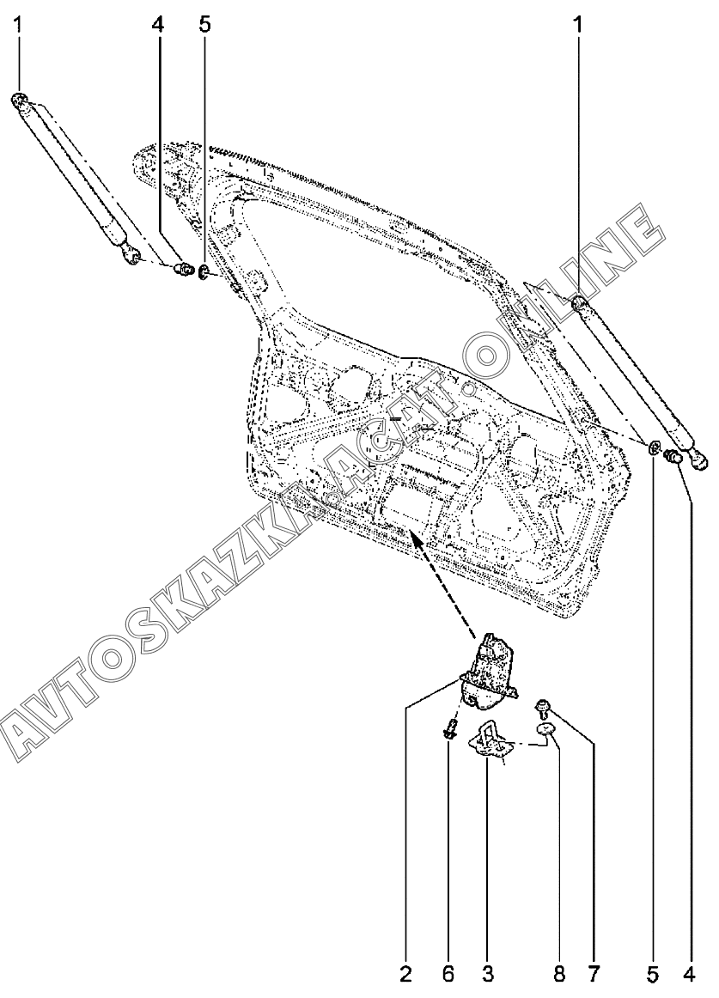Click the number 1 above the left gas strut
point(18,25)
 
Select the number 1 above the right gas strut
point(577,25)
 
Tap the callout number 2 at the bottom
point(405,974)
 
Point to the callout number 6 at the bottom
point(448,974)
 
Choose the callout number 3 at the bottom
point(487,974)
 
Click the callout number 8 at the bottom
point(559,974)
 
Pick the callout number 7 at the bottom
point(593,974)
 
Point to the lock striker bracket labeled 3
point(490,740)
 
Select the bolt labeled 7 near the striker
point(542,709)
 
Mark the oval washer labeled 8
point(547,731)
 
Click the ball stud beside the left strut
point(182,271)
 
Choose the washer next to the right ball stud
point(655,447)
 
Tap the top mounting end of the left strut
point(20,101)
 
